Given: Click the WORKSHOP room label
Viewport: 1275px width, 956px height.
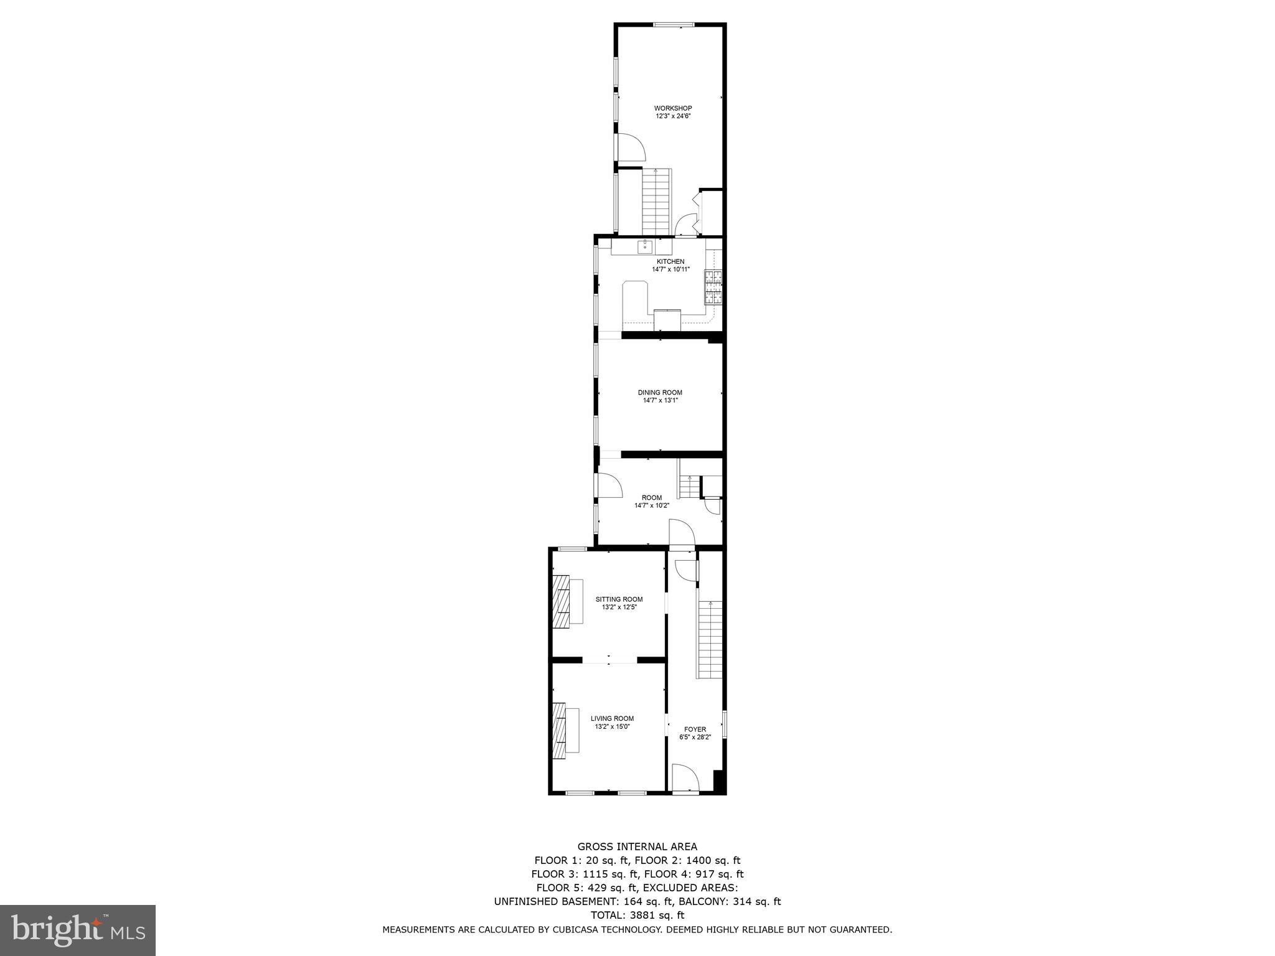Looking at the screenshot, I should [672, 108].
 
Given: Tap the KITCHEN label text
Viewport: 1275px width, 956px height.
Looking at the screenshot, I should [670, 261].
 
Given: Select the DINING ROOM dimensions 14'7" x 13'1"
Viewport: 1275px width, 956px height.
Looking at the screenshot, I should [660, 401].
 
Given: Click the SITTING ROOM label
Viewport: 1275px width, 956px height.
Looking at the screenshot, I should [619, 599].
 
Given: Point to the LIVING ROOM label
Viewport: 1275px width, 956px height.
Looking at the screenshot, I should [612, 718].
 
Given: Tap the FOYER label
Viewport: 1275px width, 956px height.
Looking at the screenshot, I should [695, 729].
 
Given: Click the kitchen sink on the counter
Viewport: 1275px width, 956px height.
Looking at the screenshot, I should [646, 247].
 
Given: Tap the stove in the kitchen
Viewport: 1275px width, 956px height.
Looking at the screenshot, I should [713, 287].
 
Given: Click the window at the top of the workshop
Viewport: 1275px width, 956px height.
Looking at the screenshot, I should [673, 25].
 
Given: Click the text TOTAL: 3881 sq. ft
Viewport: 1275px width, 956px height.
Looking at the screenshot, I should [637, 915].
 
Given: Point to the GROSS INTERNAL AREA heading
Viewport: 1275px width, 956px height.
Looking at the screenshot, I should [637, 846].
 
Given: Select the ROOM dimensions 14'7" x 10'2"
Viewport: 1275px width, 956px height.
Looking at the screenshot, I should [651, 506].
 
